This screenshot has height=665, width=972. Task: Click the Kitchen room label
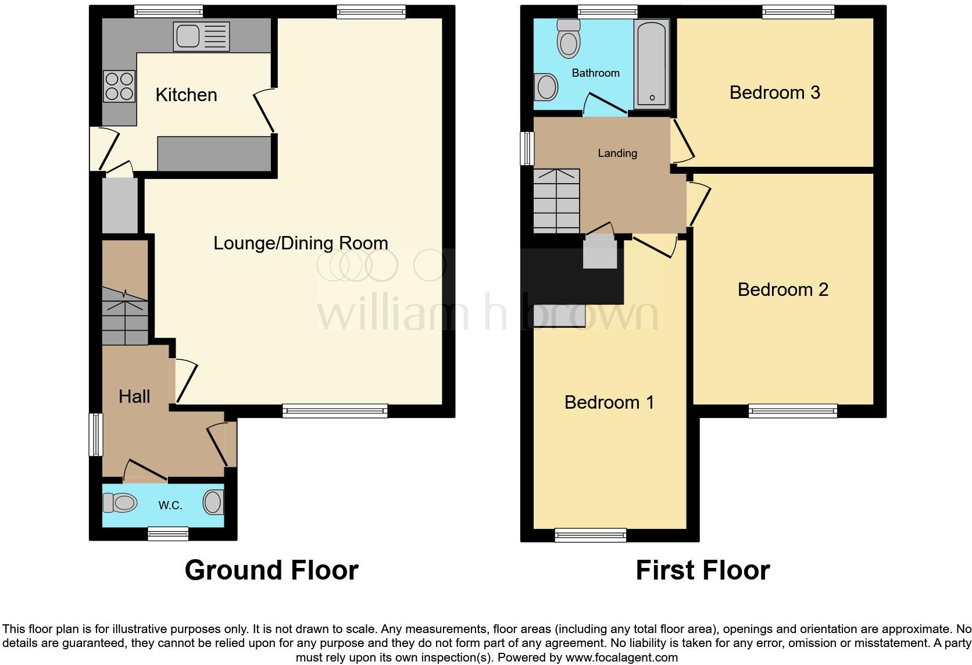click(186, 95)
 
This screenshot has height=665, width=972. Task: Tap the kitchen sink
click(201, 36)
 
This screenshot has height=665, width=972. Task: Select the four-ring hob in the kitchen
click(119, 86)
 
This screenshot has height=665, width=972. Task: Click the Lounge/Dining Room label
click(301, 243)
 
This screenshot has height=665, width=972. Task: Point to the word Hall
click(134, 396)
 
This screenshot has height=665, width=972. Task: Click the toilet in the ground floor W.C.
click(119, 502)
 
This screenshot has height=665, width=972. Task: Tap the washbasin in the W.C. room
click(213, 502)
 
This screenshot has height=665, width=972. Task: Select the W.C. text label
click(170, 505)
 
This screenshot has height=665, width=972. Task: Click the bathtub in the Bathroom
click(652, 64)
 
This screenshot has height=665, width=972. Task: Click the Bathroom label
click(595, 73)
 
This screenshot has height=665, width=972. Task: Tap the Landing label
click(617, 153)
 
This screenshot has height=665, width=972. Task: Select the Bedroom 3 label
click(774, 92)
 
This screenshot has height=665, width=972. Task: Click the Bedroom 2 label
click(782, 289)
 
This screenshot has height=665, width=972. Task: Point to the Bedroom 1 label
click(609, 402)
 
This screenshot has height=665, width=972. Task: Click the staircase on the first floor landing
click(556, 201)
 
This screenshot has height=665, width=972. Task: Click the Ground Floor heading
click(271, 570)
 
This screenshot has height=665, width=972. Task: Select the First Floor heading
click(702, 570)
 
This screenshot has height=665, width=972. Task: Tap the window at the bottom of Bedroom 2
click(793, 411)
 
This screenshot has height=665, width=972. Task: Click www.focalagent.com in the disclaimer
click(621, 658)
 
